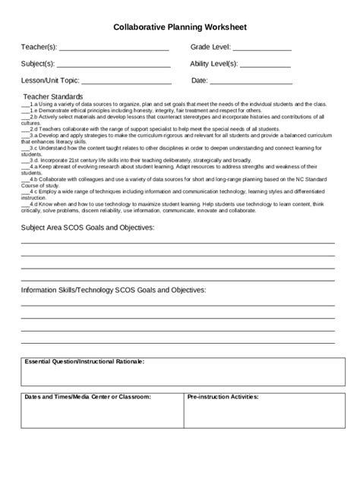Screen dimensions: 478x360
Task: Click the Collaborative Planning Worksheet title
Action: [x=180, y=27]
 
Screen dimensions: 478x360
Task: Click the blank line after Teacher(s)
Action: [x=113, y=49]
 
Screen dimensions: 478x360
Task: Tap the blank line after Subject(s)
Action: [x=113, y=66]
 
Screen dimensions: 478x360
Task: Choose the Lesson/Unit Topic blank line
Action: [x=125, y=83]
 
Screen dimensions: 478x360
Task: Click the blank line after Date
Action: [x=251, y=83]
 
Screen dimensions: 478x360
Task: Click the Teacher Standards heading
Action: [x=52, y=97]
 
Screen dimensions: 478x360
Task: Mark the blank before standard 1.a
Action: [x=25, y=105]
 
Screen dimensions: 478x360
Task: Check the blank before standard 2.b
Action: [x=25, y=118]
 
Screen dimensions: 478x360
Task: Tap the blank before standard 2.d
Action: [x=25, y=130]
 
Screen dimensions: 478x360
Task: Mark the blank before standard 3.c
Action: [x=25, y=149]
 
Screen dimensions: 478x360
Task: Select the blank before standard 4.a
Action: [x=25, y=167]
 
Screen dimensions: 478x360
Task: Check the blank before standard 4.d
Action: [x=25, y=204]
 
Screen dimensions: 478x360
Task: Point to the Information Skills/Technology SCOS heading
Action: [x=112, y=290]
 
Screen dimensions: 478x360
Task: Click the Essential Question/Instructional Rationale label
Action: [x=84, y=362]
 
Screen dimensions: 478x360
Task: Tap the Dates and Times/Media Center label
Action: [x=87, y=397]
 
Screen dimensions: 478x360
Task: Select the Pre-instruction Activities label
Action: [x=223, y=397]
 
